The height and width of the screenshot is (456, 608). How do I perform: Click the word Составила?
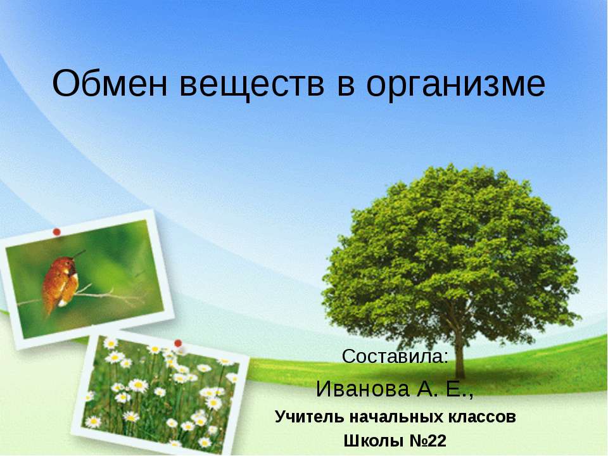click(x=395, y=357)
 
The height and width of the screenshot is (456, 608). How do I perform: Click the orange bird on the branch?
click(x=60, y=282)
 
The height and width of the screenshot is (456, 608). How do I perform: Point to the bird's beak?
click(x=80, y=255)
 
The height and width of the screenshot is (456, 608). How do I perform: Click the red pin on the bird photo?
click(x=56, y=232)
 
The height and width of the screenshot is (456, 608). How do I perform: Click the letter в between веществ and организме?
click(x=338, y=84)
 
